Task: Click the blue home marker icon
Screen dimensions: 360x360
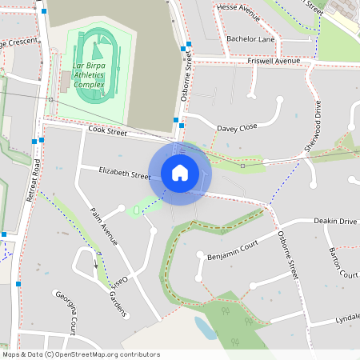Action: pos(180,172)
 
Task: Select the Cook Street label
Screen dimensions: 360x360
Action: pos(108,129)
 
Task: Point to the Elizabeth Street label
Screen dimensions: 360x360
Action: pos(125,173)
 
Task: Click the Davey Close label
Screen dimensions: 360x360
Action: pos(237,127)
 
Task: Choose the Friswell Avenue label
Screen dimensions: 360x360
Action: pos(274,61)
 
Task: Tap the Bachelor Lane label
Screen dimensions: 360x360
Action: pos(250,38)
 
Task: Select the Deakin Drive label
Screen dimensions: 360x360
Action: pos(335,221)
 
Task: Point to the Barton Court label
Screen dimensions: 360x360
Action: pos(343,262)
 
